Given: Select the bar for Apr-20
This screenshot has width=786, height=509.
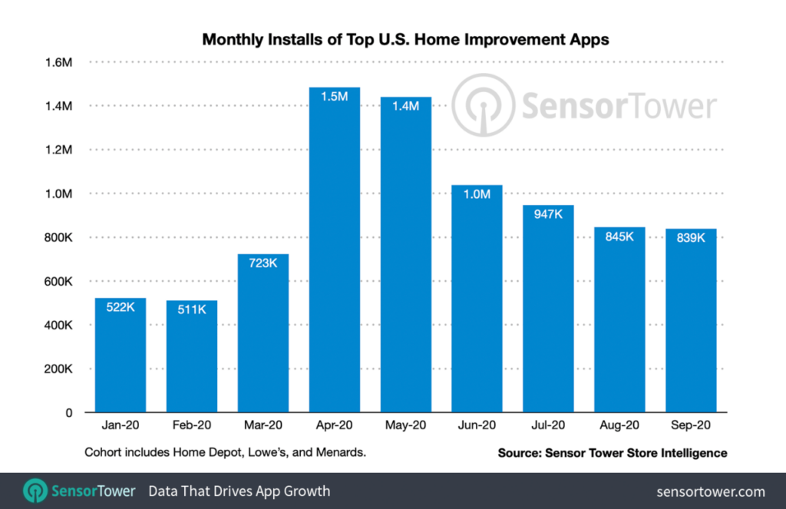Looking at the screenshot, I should click(334, 253).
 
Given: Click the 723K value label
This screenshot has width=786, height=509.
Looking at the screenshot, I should click(263, 262).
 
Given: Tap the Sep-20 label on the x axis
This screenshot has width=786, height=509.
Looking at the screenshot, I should click(690, 425).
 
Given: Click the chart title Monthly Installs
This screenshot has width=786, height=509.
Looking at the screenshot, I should click(405, 39).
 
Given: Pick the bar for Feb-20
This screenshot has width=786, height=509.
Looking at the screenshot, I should click(192, 357).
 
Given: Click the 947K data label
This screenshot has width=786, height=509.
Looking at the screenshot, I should click(548, 213).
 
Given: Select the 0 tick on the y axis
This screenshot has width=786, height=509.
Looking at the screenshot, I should click(69, 413).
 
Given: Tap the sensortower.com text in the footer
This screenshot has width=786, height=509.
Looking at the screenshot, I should click(711, 491).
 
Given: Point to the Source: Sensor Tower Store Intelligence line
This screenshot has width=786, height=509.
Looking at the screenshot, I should click(613, 454).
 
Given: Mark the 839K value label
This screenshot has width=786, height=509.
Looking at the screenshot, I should click(691, 237).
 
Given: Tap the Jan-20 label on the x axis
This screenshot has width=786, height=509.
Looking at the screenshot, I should click(121, 425).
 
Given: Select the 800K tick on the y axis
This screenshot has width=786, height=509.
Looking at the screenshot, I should click(58, 237).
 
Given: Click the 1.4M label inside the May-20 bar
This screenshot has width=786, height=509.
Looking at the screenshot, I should click(405, 106).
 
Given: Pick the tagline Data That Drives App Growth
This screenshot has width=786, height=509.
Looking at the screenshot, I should click(239, 491).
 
